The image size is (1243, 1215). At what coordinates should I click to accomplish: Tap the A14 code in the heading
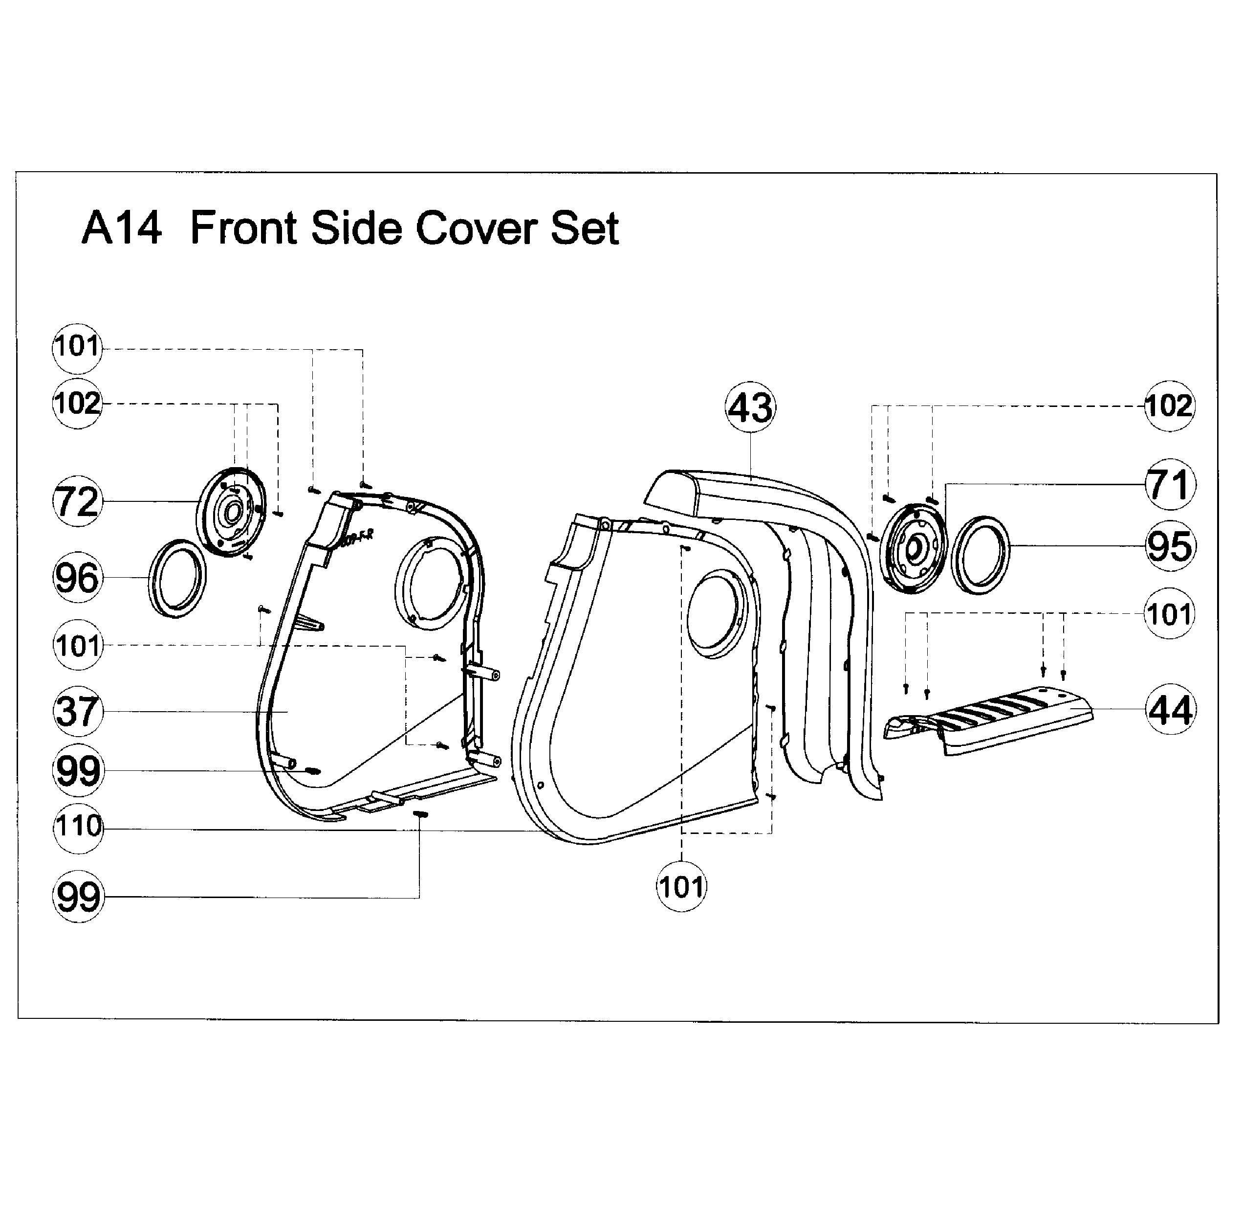click(121, 228)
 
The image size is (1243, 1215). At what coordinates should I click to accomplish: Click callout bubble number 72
click(77, 501)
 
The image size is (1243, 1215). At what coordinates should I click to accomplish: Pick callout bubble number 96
click(77, 578)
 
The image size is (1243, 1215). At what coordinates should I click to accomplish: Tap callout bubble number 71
click(1169, 484)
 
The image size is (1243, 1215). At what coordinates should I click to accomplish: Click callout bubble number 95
click(1169, 546)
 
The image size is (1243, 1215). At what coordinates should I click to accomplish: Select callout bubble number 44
click(1170, 710)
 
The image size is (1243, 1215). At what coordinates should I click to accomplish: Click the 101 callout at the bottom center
click(681, 887)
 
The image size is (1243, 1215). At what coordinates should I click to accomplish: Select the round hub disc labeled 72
click(231, 511)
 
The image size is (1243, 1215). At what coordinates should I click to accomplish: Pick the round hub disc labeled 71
click(915, 547)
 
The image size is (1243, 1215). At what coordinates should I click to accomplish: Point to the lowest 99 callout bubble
click(78, 897)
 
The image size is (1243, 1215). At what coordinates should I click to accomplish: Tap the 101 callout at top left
click(77, 347)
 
